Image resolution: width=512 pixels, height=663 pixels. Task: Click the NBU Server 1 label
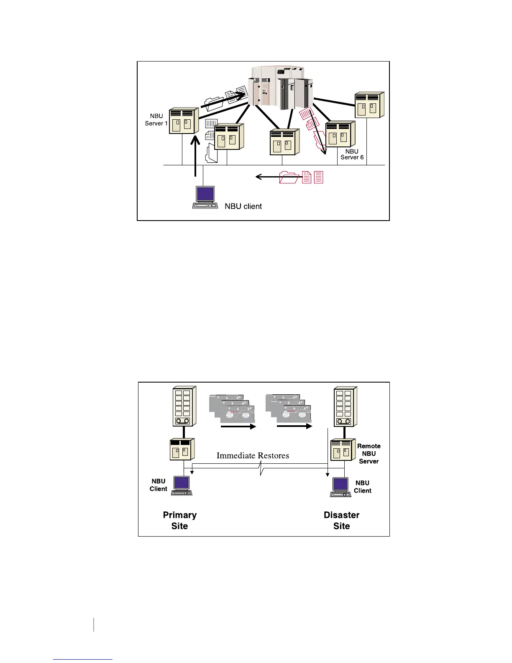[x=156, y=120]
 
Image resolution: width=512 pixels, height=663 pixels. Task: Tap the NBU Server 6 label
[x=352, y=154]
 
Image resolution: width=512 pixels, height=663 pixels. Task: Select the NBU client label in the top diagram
[x=243, y=206]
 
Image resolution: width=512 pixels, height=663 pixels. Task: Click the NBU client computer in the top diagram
[x=205, y=197]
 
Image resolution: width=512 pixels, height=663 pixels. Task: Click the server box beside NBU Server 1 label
[x=183, y=121]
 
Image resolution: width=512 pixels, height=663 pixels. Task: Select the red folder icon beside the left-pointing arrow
[x=289, y=177]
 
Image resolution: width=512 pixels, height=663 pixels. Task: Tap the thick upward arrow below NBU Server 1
[x=195, y=157]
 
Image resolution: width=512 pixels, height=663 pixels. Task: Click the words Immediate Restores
[x=253, y=455]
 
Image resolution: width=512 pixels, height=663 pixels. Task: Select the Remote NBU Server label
[x=369, y=454]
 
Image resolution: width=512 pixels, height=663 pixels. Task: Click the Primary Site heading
[x=179, y=520]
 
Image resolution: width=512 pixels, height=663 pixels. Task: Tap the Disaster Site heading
[x=341, y=520]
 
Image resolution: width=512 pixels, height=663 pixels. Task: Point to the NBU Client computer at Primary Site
[x=182, y=486]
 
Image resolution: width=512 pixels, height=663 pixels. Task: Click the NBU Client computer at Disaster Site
[x=341, y=487]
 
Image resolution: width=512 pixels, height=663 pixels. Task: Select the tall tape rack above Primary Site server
[x=183, y=406]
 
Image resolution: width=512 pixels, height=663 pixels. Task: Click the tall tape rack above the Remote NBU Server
[x=345, y=406]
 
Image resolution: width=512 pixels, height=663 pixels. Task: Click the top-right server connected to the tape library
[x=369, y=105]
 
